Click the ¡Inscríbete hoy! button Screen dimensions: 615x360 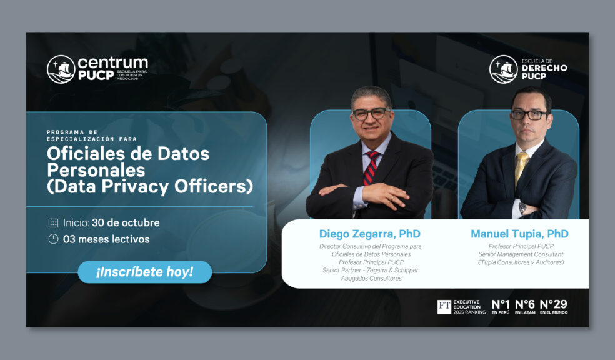(x=145, y=272)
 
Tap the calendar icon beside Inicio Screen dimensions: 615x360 (x=53, y=222)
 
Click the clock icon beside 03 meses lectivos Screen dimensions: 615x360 (x=53, y=239)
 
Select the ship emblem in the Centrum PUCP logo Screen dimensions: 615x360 (x=61, y=69)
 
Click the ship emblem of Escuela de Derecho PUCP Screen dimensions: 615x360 (x=504, y=69)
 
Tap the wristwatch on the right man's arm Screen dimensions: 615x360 (x=522, y=208)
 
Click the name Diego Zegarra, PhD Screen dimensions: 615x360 (x=370, y=234)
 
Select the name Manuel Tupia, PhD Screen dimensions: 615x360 (x=520, y=234)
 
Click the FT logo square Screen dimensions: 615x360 (x=444, y=307)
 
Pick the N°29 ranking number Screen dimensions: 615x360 (x=553, y=304)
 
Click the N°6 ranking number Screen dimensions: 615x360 (x=525, y=304)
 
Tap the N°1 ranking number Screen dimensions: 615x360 (x=501, y=304)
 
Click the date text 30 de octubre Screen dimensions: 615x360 (x=126, y=222)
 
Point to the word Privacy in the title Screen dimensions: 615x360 (x=136, y=187)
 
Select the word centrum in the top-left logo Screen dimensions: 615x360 (x=113, y=62)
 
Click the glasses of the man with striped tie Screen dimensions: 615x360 (x=371, y=114)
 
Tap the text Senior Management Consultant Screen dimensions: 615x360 (x=521, y=254)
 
